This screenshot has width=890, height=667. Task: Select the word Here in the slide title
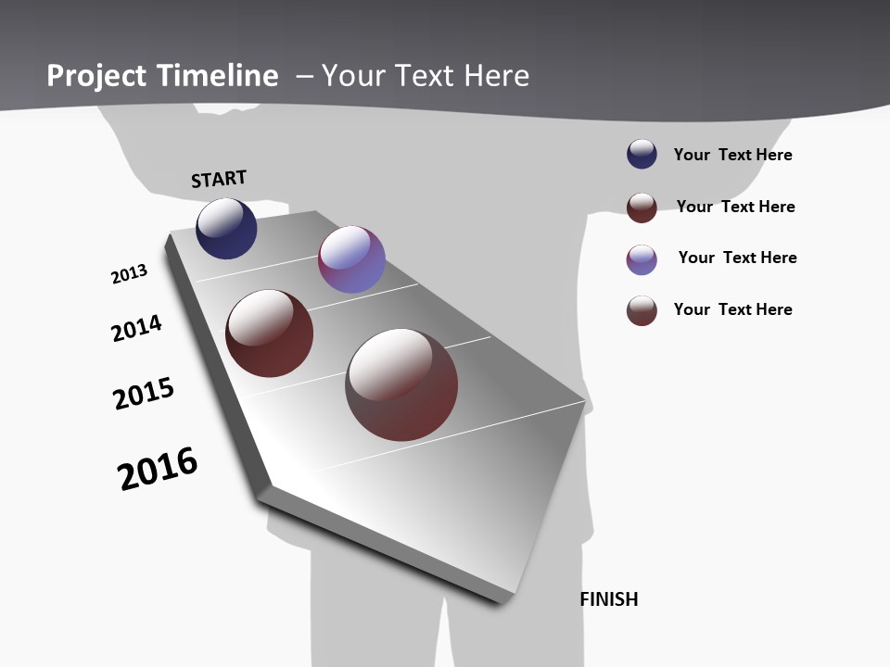496,76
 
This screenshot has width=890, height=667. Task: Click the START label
219,178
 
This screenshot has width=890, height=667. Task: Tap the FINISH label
609,599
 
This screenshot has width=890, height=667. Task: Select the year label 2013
129,274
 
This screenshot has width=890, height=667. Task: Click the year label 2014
136,328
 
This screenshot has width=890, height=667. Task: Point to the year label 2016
158,469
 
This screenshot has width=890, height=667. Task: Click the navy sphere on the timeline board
226,229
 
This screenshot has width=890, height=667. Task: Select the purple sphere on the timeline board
351,259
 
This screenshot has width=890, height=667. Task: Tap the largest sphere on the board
401,384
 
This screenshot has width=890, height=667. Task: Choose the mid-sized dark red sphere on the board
269,333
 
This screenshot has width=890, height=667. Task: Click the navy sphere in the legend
642,154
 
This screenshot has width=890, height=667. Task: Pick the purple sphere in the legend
642,259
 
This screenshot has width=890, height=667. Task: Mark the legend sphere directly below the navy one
642,208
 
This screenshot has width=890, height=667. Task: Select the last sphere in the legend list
642,310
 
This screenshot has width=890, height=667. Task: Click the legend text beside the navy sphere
732,155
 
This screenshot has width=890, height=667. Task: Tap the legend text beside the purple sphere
737,258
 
